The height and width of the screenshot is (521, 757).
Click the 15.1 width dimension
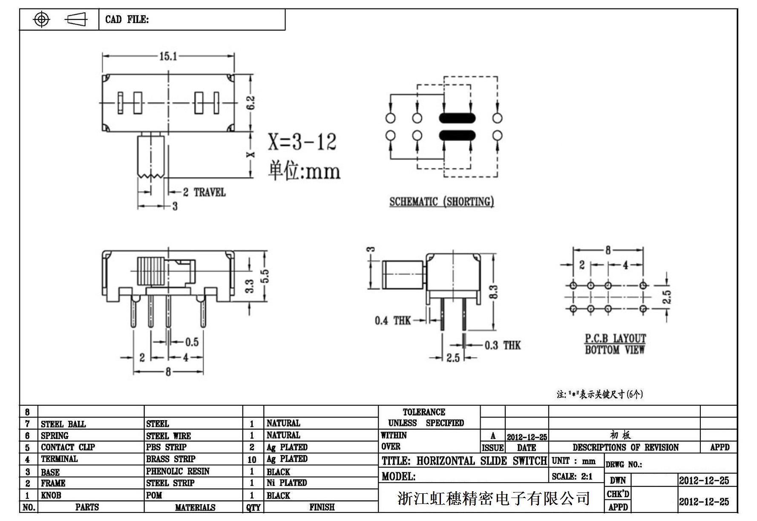click(168, 56)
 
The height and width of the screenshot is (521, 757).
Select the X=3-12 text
click(302, 142)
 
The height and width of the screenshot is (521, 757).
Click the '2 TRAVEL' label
click(204, 192)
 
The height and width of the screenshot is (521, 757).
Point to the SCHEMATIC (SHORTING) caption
click(441, 201)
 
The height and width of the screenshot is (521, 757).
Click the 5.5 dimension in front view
click(265, 276)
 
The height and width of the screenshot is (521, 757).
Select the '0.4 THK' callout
click(392, 321)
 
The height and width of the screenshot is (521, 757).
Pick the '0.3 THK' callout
click(502, 345)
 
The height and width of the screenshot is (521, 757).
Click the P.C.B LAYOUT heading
click(615, 338)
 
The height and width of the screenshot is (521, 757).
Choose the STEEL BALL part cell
click(63, 424)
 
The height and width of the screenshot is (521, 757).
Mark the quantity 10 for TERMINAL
click(252, 460)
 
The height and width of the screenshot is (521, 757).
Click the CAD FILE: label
click(127, 20)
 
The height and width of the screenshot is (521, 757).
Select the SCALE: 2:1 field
click(572, 476)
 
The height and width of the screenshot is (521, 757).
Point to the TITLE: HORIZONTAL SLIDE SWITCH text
click(463, 461)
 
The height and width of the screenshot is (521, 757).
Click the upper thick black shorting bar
click(457, 118)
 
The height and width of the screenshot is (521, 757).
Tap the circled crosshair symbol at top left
click(41, 19)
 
